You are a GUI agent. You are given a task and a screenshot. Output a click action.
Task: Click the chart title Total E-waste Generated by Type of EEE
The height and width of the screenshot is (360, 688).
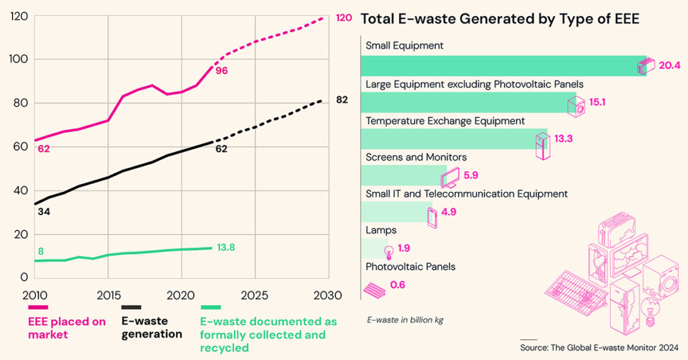tap(499, 19)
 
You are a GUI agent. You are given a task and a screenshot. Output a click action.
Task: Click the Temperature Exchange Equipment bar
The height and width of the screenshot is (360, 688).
tap(454, 139)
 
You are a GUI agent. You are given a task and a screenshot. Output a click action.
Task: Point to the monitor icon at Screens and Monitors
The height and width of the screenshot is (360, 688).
tap(449, 177)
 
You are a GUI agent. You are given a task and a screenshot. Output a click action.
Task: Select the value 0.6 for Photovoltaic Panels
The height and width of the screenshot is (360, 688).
tap(398, 285)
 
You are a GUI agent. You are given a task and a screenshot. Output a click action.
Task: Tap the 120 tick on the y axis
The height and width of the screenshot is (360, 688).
tap(19, 16)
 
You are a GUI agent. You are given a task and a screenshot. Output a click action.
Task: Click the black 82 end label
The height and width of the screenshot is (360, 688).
tap(342, 100)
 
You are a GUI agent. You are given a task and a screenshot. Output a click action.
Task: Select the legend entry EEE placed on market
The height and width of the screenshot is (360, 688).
tap(67, 328)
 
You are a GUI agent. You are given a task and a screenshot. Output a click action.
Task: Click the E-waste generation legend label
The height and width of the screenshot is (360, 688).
tap(152, 328)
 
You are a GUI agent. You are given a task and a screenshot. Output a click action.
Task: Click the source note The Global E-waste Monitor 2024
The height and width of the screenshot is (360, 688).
tap(599, 348)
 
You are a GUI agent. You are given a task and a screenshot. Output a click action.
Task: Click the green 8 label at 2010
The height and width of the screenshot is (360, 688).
tap(40, 251)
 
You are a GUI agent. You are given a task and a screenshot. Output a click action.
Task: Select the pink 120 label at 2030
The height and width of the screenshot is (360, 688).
tap(343, 17)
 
